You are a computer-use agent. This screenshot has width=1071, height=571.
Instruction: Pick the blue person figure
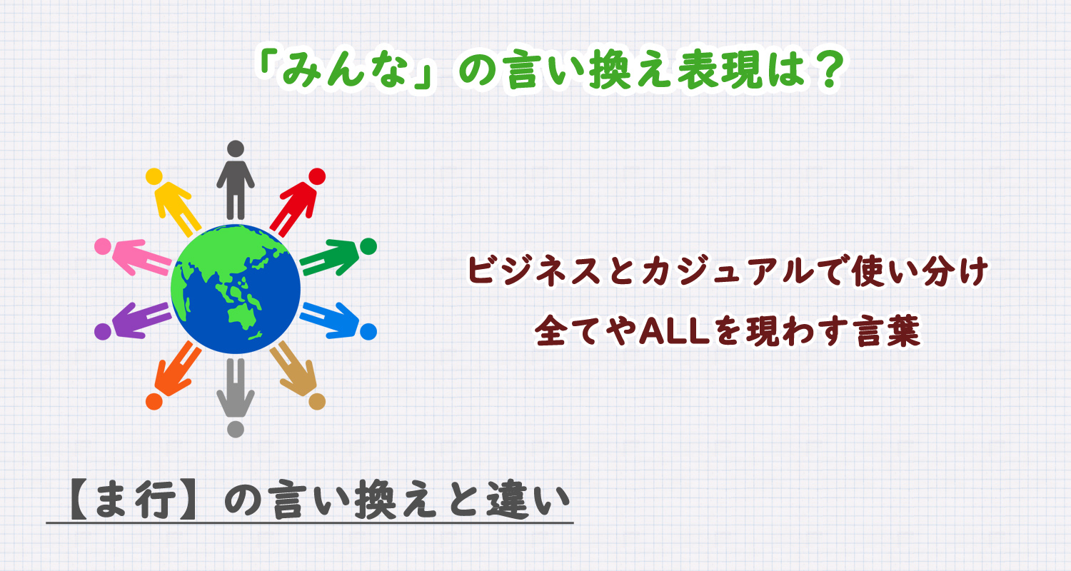pyautogui.click(x=336, y=320)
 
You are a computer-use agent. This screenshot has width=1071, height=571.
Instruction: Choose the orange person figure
pyautogui.click(x=175, y=373)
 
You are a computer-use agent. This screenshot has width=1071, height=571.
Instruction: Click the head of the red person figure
pyautogui.click(x=316, y=176)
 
